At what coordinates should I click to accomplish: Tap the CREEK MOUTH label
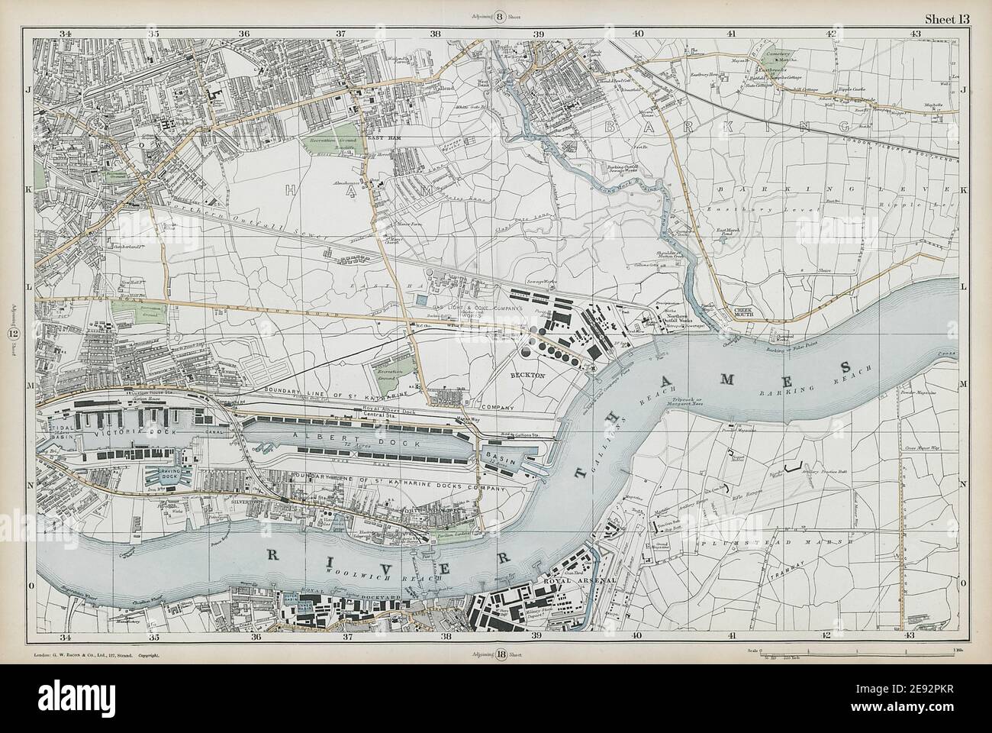(743, 311)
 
